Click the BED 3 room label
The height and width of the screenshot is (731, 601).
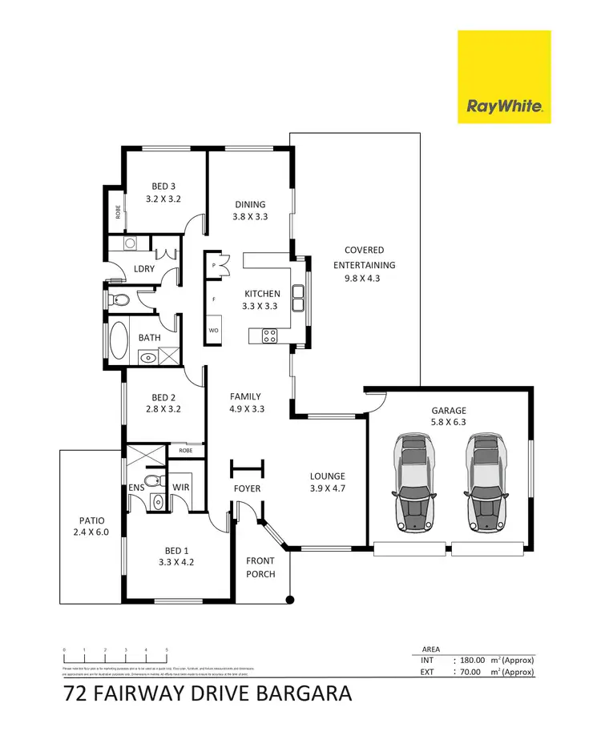click(x=163, y=187)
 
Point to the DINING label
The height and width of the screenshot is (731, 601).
click(x=250, y=204)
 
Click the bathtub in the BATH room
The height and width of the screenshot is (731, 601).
click(x=119, y=341)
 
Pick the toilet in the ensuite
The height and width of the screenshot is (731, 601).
click(x=158, y=502)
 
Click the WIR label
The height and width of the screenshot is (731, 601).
click(x=181, y=487)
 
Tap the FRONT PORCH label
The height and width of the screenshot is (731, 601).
click(x=260, y=567)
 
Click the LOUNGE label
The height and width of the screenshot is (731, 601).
click(x=329, y=476)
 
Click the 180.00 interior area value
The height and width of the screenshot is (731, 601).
click(x=471, y=661)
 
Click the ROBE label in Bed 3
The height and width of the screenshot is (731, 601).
click(x=118, y=213)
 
